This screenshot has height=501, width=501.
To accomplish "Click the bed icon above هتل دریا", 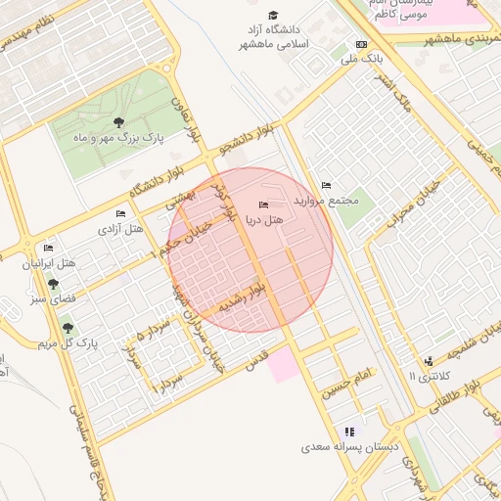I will (x=261, y=205).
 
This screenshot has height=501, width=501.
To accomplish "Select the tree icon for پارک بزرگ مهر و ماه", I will (x=118, y=122).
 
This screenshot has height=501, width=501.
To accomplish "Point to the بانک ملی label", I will (x=358, y=60).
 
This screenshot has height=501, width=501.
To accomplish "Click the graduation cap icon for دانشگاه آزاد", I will (x=273, y=15).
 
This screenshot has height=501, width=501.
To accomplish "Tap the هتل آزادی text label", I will (x=120, y=228).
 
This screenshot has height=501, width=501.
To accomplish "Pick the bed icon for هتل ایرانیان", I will (x=49, y=249).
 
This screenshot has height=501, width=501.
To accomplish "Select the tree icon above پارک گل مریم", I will (x=68, y=328).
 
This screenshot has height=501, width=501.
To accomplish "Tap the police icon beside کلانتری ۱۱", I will (x=428, y=361).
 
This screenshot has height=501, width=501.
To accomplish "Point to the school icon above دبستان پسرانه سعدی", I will (x=349, y=431).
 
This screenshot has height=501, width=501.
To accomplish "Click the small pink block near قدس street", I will (x=283, y=365).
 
